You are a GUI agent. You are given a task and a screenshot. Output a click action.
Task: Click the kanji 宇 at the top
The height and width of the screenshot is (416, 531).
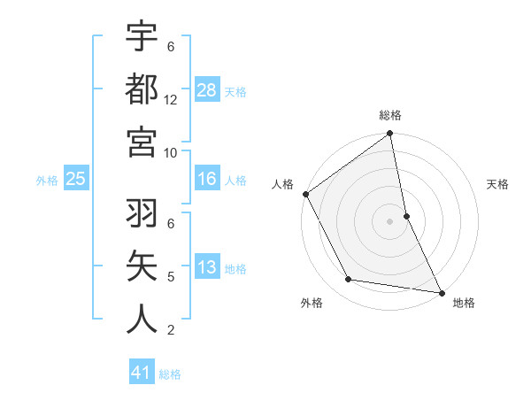pos(142,36)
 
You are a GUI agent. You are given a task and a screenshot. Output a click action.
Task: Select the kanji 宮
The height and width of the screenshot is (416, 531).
pos(142,141)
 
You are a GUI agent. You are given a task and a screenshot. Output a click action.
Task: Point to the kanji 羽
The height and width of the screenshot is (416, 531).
pos(142,214)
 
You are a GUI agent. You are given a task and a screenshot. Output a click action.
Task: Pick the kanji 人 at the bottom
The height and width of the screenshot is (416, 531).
pos(142,319)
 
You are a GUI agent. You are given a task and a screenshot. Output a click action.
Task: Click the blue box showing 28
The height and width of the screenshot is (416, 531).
pos(207,89)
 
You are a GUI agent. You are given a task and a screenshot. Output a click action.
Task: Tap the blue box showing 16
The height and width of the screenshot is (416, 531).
pos(207,179)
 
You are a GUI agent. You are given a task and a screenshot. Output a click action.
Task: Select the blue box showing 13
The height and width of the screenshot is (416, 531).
pos(207,267)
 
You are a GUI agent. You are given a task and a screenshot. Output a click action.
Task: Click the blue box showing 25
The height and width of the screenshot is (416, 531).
pos(76,179)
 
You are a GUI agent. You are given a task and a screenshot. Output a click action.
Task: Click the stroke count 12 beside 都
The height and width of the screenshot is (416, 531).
pos(171,99)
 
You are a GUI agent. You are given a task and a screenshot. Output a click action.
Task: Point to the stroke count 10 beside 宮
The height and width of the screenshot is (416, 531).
pos(171,151)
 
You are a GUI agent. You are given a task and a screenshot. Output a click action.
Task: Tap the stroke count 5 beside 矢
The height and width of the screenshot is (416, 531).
pos(170,277)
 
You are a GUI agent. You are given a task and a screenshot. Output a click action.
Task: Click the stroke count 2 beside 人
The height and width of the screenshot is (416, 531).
pos(170,330)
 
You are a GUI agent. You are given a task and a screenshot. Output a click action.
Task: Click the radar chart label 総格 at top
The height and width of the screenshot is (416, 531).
pos(390,115)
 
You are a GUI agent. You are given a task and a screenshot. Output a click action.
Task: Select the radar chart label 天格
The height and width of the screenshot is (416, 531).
pos(498,184)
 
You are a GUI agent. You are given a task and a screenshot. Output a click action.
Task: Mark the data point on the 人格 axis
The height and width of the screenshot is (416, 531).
pos(305,194)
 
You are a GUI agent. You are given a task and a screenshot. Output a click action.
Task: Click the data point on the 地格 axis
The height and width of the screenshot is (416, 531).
pos(442,291)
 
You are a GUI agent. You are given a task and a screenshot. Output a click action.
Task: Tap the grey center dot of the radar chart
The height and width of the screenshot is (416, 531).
pos(390,221)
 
